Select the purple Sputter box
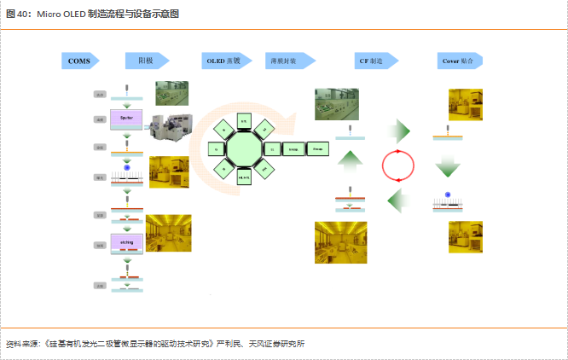(x=126, y=117)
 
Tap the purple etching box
(x=126, y=243)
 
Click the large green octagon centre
(x=242, y=148)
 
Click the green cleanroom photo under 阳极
(x=172, y=94)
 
